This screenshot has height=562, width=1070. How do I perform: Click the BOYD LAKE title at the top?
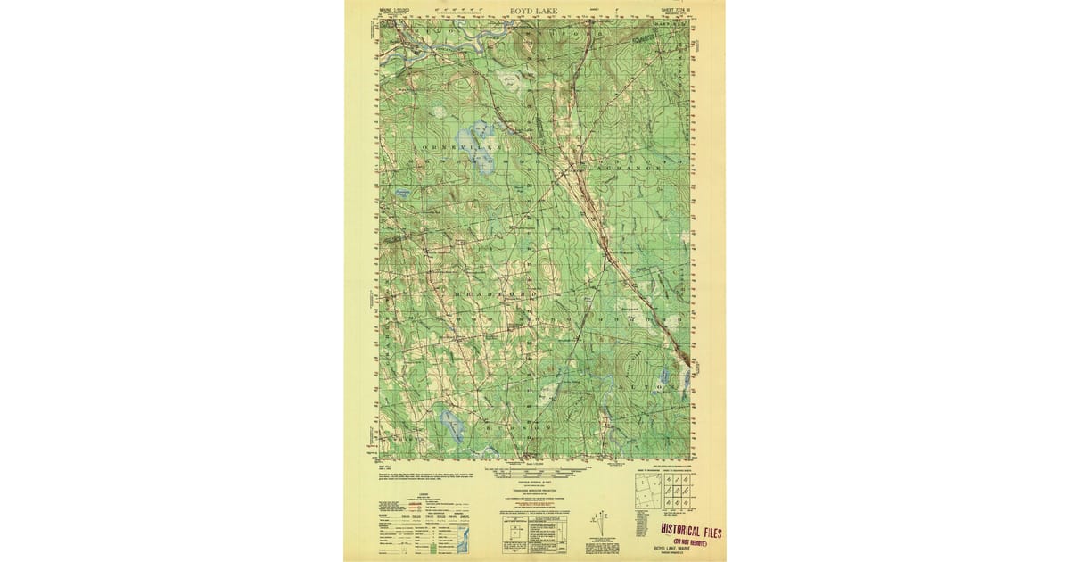coord(535,11)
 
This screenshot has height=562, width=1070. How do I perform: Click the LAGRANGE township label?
coord(629,165)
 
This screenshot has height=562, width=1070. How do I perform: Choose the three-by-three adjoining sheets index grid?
coord(678,492)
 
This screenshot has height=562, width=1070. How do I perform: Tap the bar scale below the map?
coord(535,461)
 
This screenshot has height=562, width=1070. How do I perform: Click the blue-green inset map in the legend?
coord(462,535)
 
